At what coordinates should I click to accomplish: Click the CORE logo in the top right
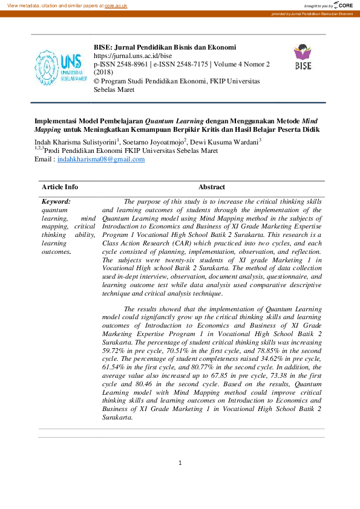click(342, 5)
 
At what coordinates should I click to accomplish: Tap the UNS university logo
click(61, 68)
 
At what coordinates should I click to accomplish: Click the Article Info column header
click(59, 187)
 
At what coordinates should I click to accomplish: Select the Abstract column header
click(211, 187)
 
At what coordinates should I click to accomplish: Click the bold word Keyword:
click(56, 202)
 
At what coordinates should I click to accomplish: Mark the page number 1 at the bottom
click(180, 463)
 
